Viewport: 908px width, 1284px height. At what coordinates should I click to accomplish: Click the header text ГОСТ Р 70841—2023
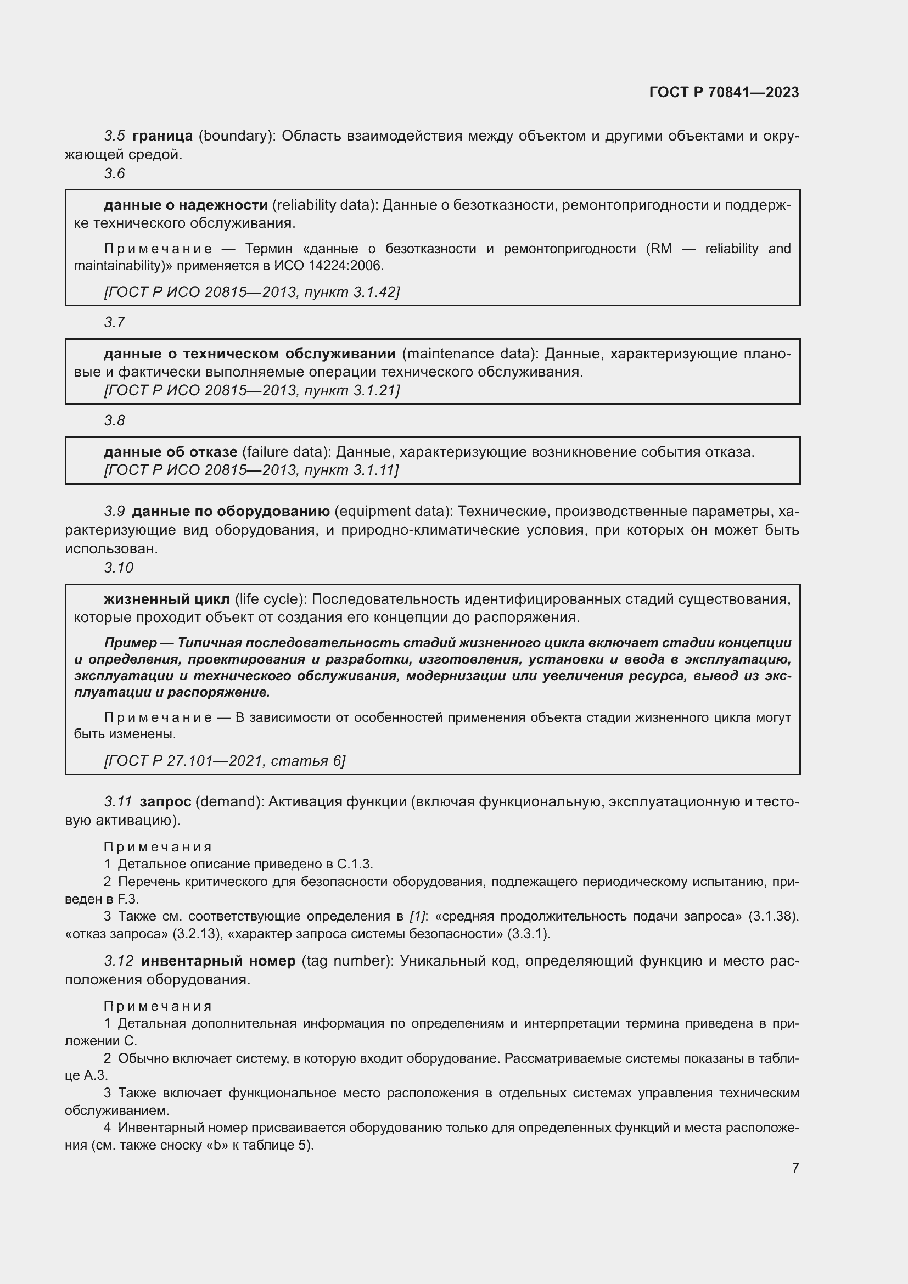(724, 92)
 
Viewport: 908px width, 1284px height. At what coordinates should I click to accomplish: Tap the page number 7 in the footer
(795, 1168)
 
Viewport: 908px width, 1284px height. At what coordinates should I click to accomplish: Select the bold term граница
(162, 136)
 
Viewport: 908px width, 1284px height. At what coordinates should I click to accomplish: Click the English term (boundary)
(238, 136)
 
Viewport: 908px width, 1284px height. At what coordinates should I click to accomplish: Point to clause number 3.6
(114, 174)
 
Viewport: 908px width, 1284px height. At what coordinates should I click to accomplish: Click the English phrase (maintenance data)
(470, 354)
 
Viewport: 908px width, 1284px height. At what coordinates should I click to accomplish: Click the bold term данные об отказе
(170, 452)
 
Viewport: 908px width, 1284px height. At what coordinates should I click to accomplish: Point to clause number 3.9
(114, 512)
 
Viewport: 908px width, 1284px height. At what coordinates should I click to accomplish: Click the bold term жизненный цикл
(167, 599)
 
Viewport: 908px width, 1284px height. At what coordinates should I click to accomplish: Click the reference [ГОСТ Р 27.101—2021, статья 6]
(225, 760)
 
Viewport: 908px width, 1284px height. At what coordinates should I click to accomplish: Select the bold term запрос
(165, 802)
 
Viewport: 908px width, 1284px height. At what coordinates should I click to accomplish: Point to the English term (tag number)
(347, 961)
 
